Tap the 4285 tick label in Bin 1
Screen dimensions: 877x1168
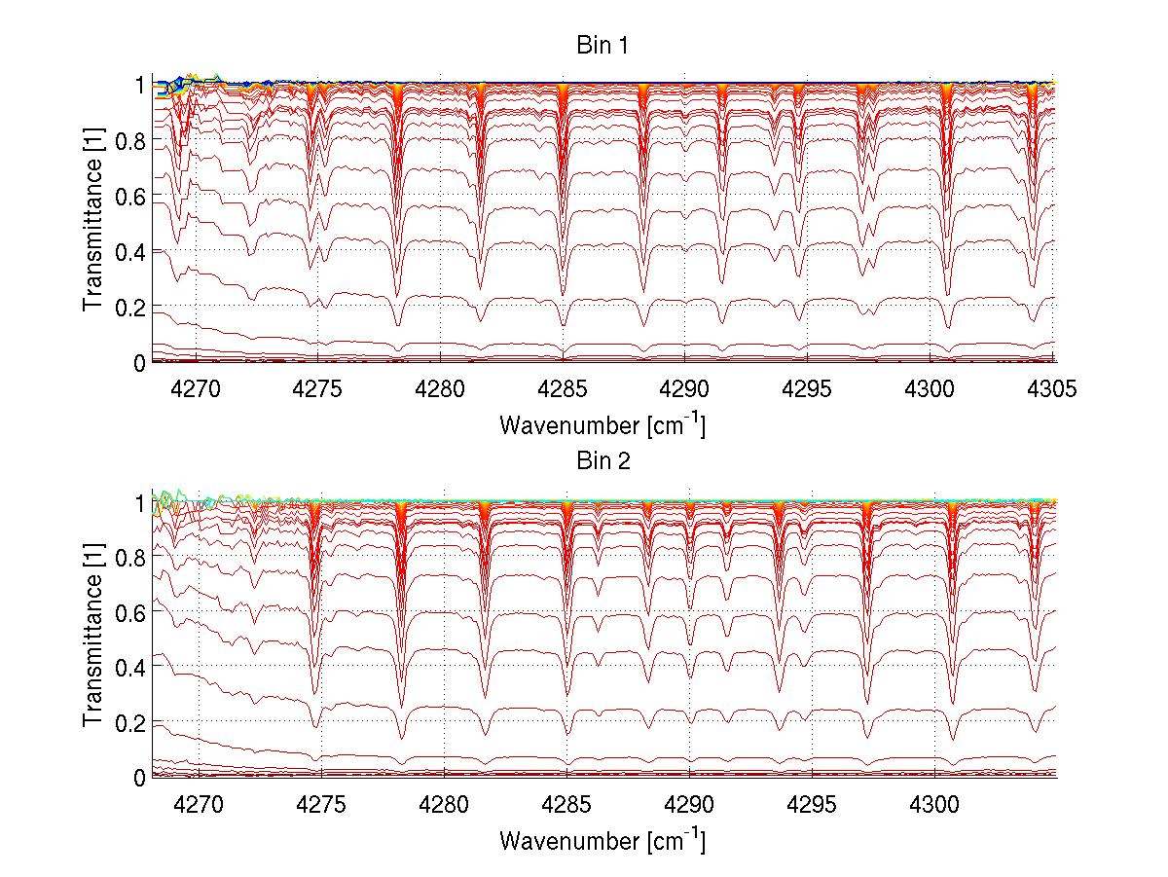563,389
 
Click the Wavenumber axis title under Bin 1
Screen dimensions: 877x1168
602,425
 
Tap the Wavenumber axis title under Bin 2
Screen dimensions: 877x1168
602,840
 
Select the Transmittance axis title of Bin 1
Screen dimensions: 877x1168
93,223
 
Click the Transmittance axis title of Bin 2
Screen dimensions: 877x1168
93,639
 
